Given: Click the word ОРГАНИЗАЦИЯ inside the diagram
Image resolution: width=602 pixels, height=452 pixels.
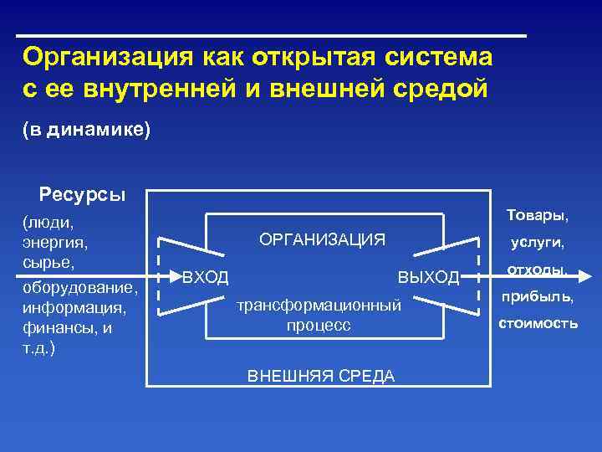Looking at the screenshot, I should pos(322,240).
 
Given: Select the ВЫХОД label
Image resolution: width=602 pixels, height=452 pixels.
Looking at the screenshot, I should pos(428,277).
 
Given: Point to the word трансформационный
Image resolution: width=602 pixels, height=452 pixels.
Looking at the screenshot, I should pos(319,305).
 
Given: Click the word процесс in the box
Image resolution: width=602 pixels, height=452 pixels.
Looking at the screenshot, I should pos(319,325).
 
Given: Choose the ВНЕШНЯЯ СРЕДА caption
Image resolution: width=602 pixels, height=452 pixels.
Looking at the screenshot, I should pos(321,376).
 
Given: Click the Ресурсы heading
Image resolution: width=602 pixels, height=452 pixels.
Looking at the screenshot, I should pos(82,195).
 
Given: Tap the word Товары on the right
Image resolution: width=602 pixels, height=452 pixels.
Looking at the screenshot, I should pos(536,216).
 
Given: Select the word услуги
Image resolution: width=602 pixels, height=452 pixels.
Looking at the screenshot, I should pos(538,244).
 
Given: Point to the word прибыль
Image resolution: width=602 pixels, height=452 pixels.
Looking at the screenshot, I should pos(537,296).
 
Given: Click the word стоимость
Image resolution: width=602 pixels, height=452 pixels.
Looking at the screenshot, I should pos(538,322).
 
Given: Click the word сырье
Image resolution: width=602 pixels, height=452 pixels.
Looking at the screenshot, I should pos(48,263).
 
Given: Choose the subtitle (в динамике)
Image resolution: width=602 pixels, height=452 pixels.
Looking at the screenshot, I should pos(86,131).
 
